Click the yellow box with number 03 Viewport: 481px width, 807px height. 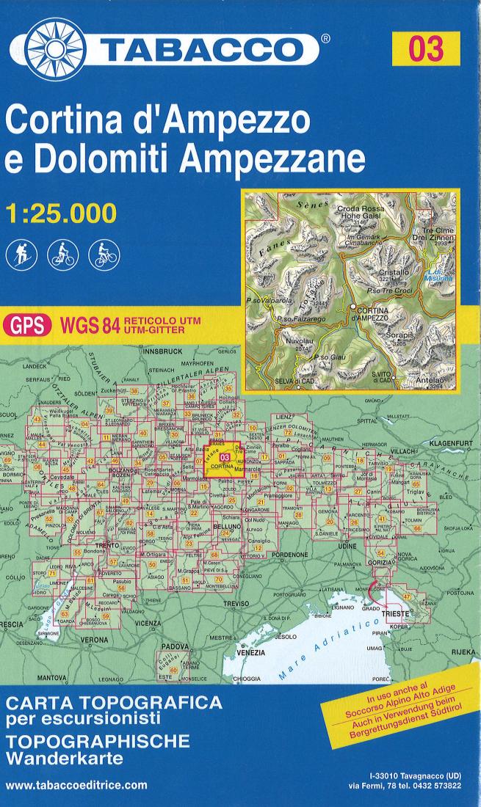point(427,49)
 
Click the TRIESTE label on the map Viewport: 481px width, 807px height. point(397,611)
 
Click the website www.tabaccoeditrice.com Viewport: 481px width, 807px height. point(76,784)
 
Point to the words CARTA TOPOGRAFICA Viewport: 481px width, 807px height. point(113,702)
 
